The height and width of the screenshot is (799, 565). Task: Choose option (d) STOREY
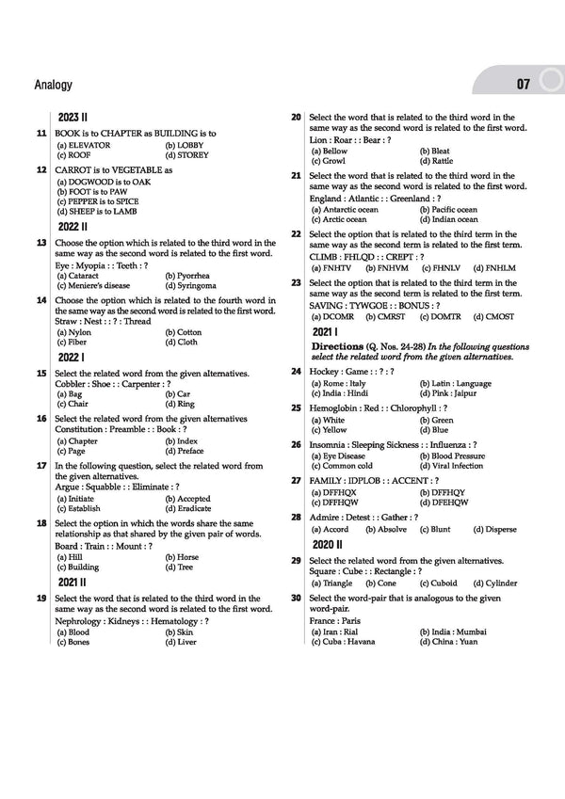coord(186,155)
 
